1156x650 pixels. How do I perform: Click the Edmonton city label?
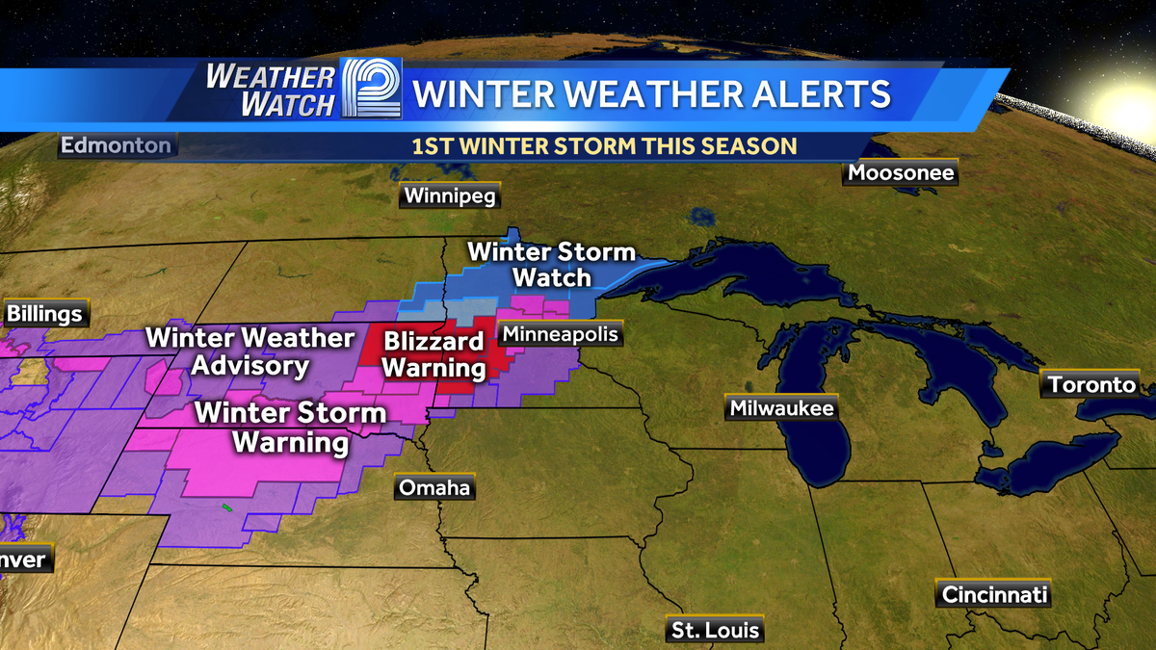(x=116, y=145)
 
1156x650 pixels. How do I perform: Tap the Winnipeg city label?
(x=449, y=196)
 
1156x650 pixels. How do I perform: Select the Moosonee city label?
(x=901, y=173)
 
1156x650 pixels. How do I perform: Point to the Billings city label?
(x=44, y=315)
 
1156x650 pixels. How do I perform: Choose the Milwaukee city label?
(x=781, y=408)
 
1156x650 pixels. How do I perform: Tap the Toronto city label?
(x=1092, y=385)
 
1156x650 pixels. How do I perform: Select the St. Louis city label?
(x=716, y=631)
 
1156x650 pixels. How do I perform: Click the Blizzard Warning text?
(x=433, y=354)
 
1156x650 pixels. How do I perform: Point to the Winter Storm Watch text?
(x=551, y=265)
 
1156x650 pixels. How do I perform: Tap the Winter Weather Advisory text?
(x=250, y=351)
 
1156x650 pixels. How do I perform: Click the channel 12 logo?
(x=371, y=91)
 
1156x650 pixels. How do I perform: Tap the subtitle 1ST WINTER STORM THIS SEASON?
(x=604, y=146)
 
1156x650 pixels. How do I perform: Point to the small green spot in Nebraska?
(x=227, y=507)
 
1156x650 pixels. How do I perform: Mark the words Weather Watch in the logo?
(x=270, y=91)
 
